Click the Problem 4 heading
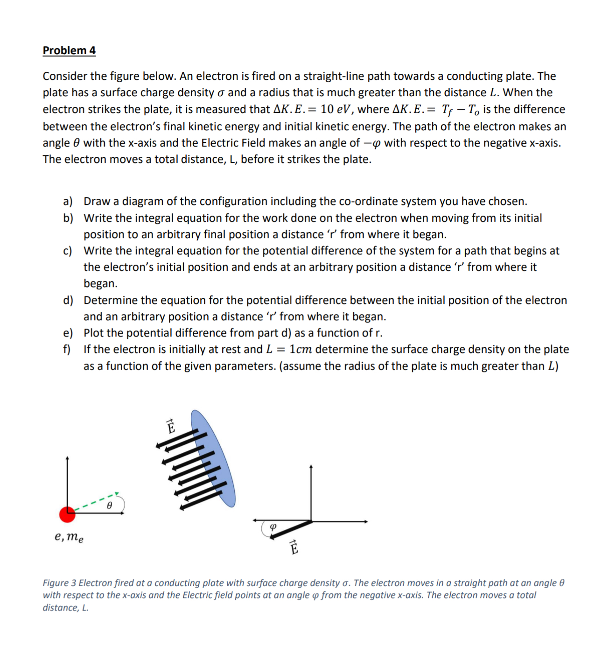coord(69,50)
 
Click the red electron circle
coord(67,514)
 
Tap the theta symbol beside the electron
coord(109,506)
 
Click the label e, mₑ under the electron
coord(69,537)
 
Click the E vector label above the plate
coord(171,426)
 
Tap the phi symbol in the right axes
coord(273,527)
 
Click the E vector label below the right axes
coord(294,547)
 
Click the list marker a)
coord(68,202)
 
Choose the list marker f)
coord(67,350)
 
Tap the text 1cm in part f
coord(301,350)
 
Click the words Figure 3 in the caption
coord(59,583)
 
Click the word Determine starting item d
coord(111,301)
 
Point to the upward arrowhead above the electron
coord(67,459)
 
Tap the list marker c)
coord(68,251)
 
